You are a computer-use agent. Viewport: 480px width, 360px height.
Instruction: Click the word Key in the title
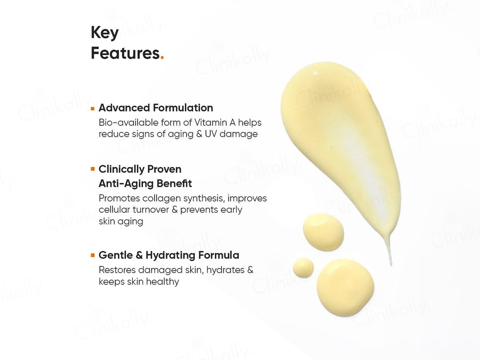pos(105,34)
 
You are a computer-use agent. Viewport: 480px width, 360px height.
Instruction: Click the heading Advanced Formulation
pos(156,108)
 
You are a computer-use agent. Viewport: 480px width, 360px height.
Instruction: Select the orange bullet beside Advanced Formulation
pos(93,109)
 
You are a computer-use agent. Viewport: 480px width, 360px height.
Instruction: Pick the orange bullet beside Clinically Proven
pos(93,169)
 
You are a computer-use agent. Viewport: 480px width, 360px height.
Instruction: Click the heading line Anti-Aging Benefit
pos(145,183)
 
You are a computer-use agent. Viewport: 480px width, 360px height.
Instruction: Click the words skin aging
pos(121,221)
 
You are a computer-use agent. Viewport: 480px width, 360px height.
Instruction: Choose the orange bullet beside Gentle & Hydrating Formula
pos(93,256)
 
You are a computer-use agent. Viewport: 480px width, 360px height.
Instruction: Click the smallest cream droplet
pos(303,267)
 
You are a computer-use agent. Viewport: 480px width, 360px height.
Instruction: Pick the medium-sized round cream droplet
pos(323,232)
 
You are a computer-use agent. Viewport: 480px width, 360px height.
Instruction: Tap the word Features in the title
pos(125,53)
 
